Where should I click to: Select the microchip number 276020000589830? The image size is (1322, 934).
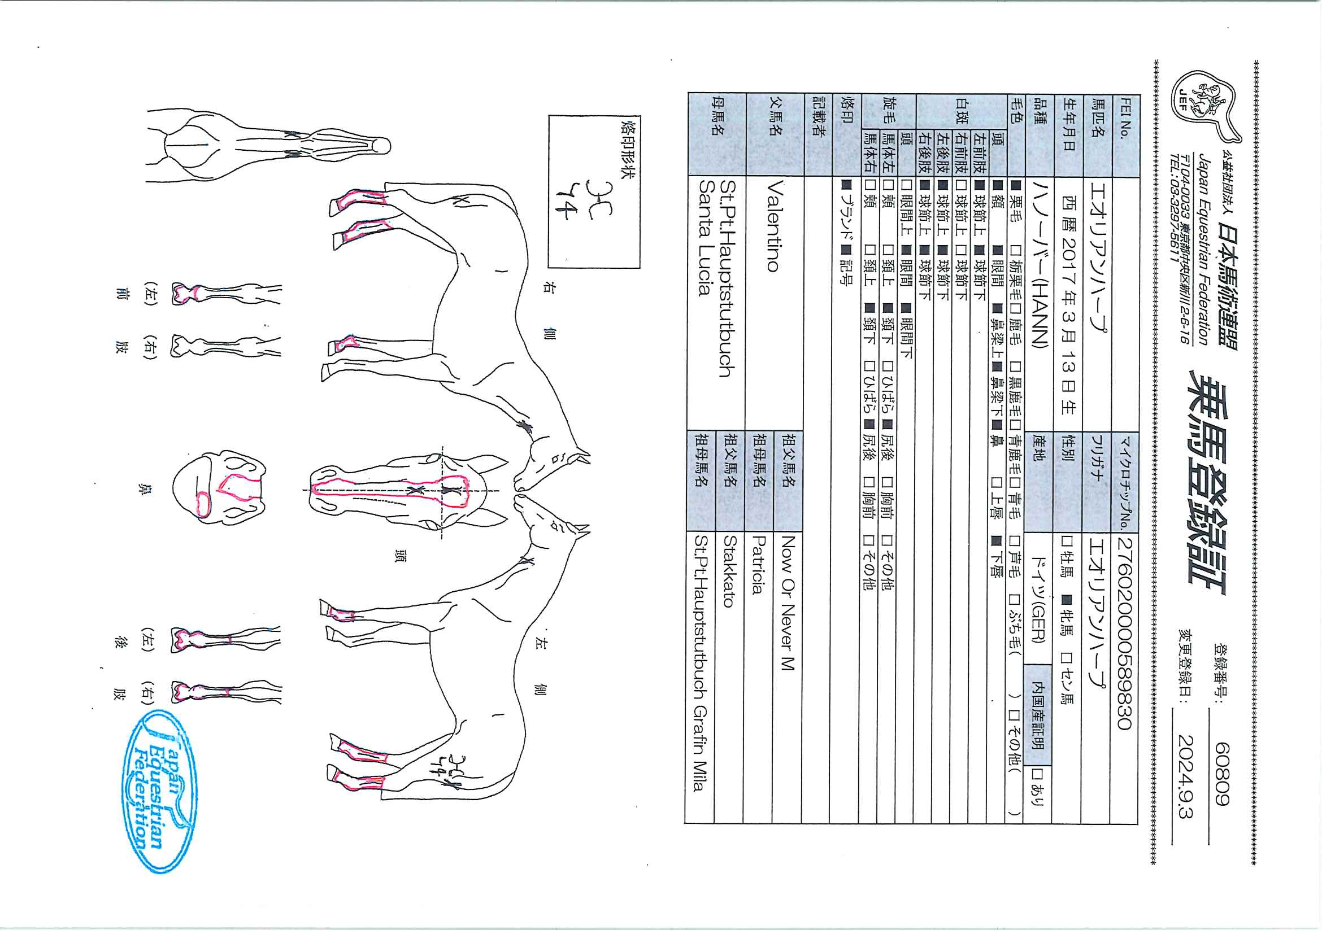(1125, 634)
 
